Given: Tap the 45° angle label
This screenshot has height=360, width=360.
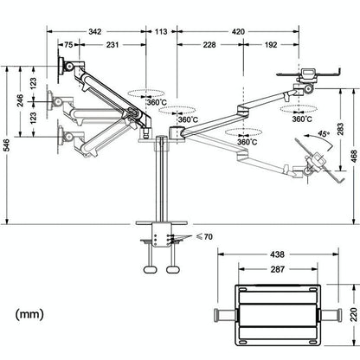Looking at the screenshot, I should [324, 134].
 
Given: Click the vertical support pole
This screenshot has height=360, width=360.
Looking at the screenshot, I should [160, 182].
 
